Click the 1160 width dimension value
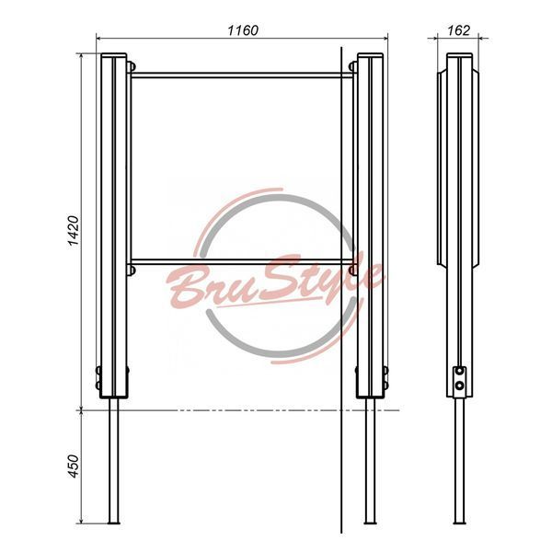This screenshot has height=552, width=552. pyautogui.click(x=243, y=30)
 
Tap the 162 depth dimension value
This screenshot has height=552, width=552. pyautogui.click(x=458, y=30)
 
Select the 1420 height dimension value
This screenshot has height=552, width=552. pyautogui.click(x=74, y=231)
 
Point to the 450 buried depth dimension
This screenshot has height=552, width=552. pyautogui.click(x=74, y=466)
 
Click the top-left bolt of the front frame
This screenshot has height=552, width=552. pyautogui.click(x=131, y=66)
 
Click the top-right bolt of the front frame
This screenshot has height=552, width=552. pyautogui.click(x=352, y=66)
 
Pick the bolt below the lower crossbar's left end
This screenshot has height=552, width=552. pyautogui.click(x=131, y=270)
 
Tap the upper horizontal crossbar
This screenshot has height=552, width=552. pyautogui.click(x=242, y=75)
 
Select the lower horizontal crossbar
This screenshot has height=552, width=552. pyautogui.click(x=242, y=262)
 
